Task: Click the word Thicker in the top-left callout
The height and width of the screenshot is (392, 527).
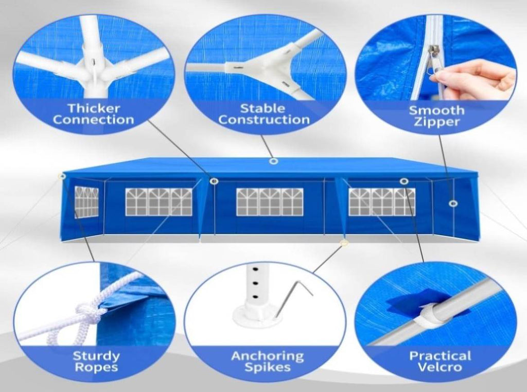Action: click(94, 108)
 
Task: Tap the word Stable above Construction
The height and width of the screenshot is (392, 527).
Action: click(263, 108)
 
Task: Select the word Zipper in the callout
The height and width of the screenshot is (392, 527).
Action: click(436, 122)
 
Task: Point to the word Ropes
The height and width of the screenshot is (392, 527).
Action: click(96, 367)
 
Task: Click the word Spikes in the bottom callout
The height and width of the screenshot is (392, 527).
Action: click(268, 367)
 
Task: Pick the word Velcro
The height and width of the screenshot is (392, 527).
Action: click(440, 367)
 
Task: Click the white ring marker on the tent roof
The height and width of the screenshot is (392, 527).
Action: click(274, 162)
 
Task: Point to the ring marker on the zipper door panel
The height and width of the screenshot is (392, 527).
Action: click(453, 203)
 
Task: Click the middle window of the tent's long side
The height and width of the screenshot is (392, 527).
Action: click(270, 202)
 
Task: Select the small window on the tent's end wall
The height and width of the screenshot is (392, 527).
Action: click(86, 202)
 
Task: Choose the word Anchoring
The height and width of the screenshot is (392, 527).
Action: click(268, 356)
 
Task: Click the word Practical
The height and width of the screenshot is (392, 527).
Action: click(440, 355)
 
